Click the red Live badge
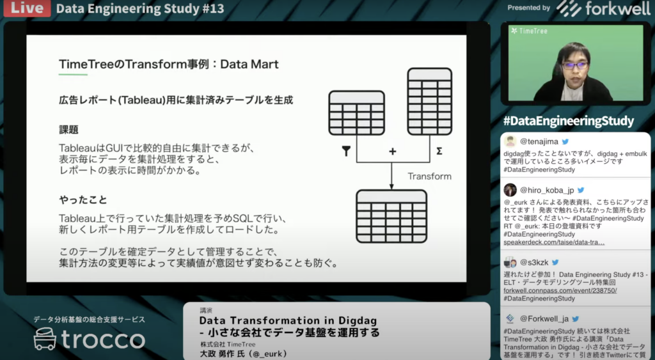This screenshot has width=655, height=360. tap(27, 8)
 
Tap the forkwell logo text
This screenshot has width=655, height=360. tap(617, 8)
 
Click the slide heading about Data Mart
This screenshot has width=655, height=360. tap(169, 64)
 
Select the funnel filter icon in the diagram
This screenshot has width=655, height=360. tap(346, 151)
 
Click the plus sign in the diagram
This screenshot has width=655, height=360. tap(392, 151)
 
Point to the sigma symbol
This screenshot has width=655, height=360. tap(439, 151)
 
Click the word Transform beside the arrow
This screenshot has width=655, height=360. tap(429, 176)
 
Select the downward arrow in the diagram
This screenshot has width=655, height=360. tap(391, 176)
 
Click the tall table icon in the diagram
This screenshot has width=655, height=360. tap(429, 102)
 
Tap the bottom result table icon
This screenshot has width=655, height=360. tap(391, 216)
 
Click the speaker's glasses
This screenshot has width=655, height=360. tap(575, 66)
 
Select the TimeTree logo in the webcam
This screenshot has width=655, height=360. tap(529, 31)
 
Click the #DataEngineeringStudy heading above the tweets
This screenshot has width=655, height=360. tap(569, 121)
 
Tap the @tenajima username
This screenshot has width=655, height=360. tap(539, 141)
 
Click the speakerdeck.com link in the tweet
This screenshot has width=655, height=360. tap(554, 242)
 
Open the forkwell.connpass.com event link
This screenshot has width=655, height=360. tap(560, 290)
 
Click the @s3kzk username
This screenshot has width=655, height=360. tap(534, 262)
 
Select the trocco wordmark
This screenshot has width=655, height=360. tap(103, 340)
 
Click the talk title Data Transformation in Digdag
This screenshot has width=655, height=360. tap(288, 321)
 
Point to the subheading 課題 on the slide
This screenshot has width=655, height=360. tap(68, 129)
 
